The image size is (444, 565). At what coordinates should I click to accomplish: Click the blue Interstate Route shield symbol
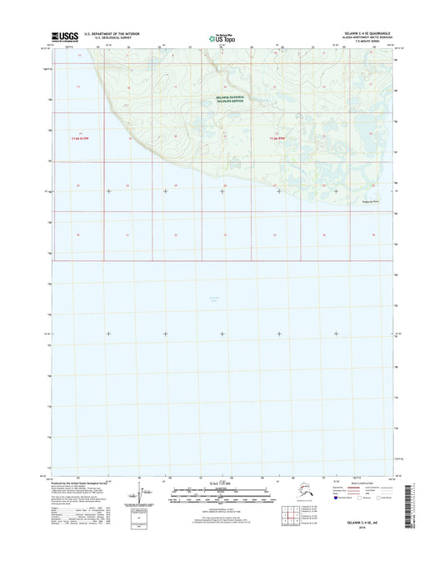coord(336,499)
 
